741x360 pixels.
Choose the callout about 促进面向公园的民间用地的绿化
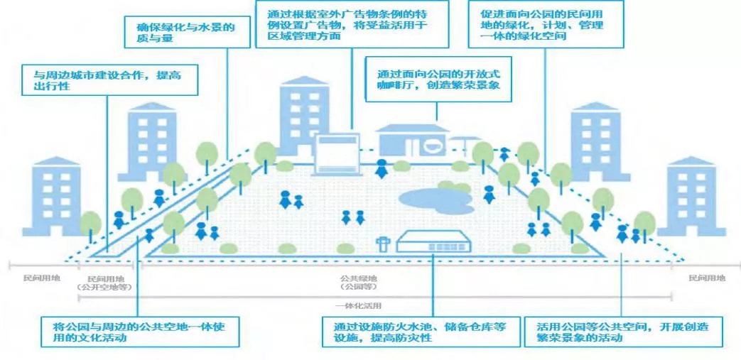point(545,24)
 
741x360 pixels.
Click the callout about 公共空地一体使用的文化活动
point(140,332)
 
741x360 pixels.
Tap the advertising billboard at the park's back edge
point(335,152)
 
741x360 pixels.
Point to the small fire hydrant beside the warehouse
point(384,244)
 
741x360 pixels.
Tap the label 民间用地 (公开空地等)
point(104,282)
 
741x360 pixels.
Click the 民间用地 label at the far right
point(707,279)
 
